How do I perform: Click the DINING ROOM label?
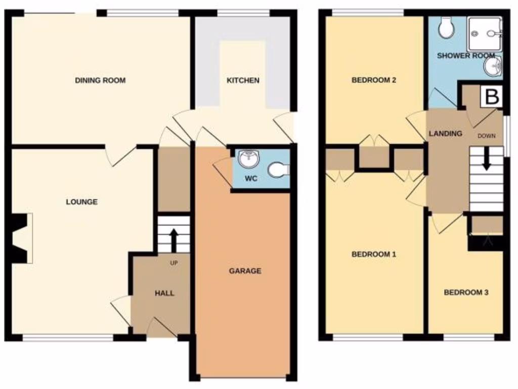pos(100,81)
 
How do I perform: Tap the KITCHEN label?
pos(243,81)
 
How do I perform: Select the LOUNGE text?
pos(82,202)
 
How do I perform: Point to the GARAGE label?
pos(245,271)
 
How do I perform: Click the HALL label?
pos(164,293)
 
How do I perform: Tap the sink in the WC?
pos(248,159)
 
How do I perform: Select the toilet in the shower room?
pos(446,28)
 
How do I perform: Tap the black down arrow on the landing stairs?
pos(487,159)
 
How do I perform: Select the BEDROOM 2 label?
pos(373,80)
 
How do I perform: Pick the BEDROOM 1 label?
pos(373,254)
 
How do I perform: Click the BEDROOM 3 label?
pos(466,292)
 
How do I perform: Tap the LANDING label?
pos(445,134)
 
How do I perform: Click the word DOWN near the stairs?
pos(487,136)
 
